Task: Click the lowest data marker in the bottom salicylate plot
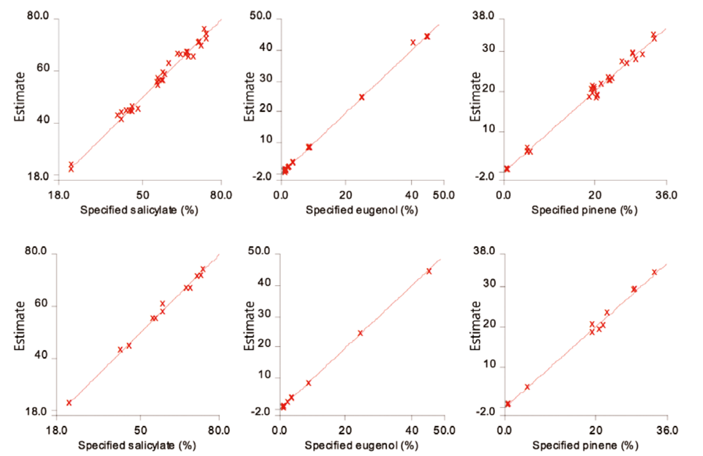click(x=69, y=403)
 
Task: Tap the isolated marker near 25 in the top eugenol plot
click(x=362, y=97)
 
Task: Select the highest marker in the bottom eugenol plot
click(x=429, y=271)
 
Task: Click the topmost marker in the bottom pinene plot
click(x=654, y=272)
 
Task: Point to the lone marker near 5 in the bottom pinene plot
click(x=527, y=387)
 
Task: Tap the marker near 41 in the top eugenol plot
click(x=413, y=42)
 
